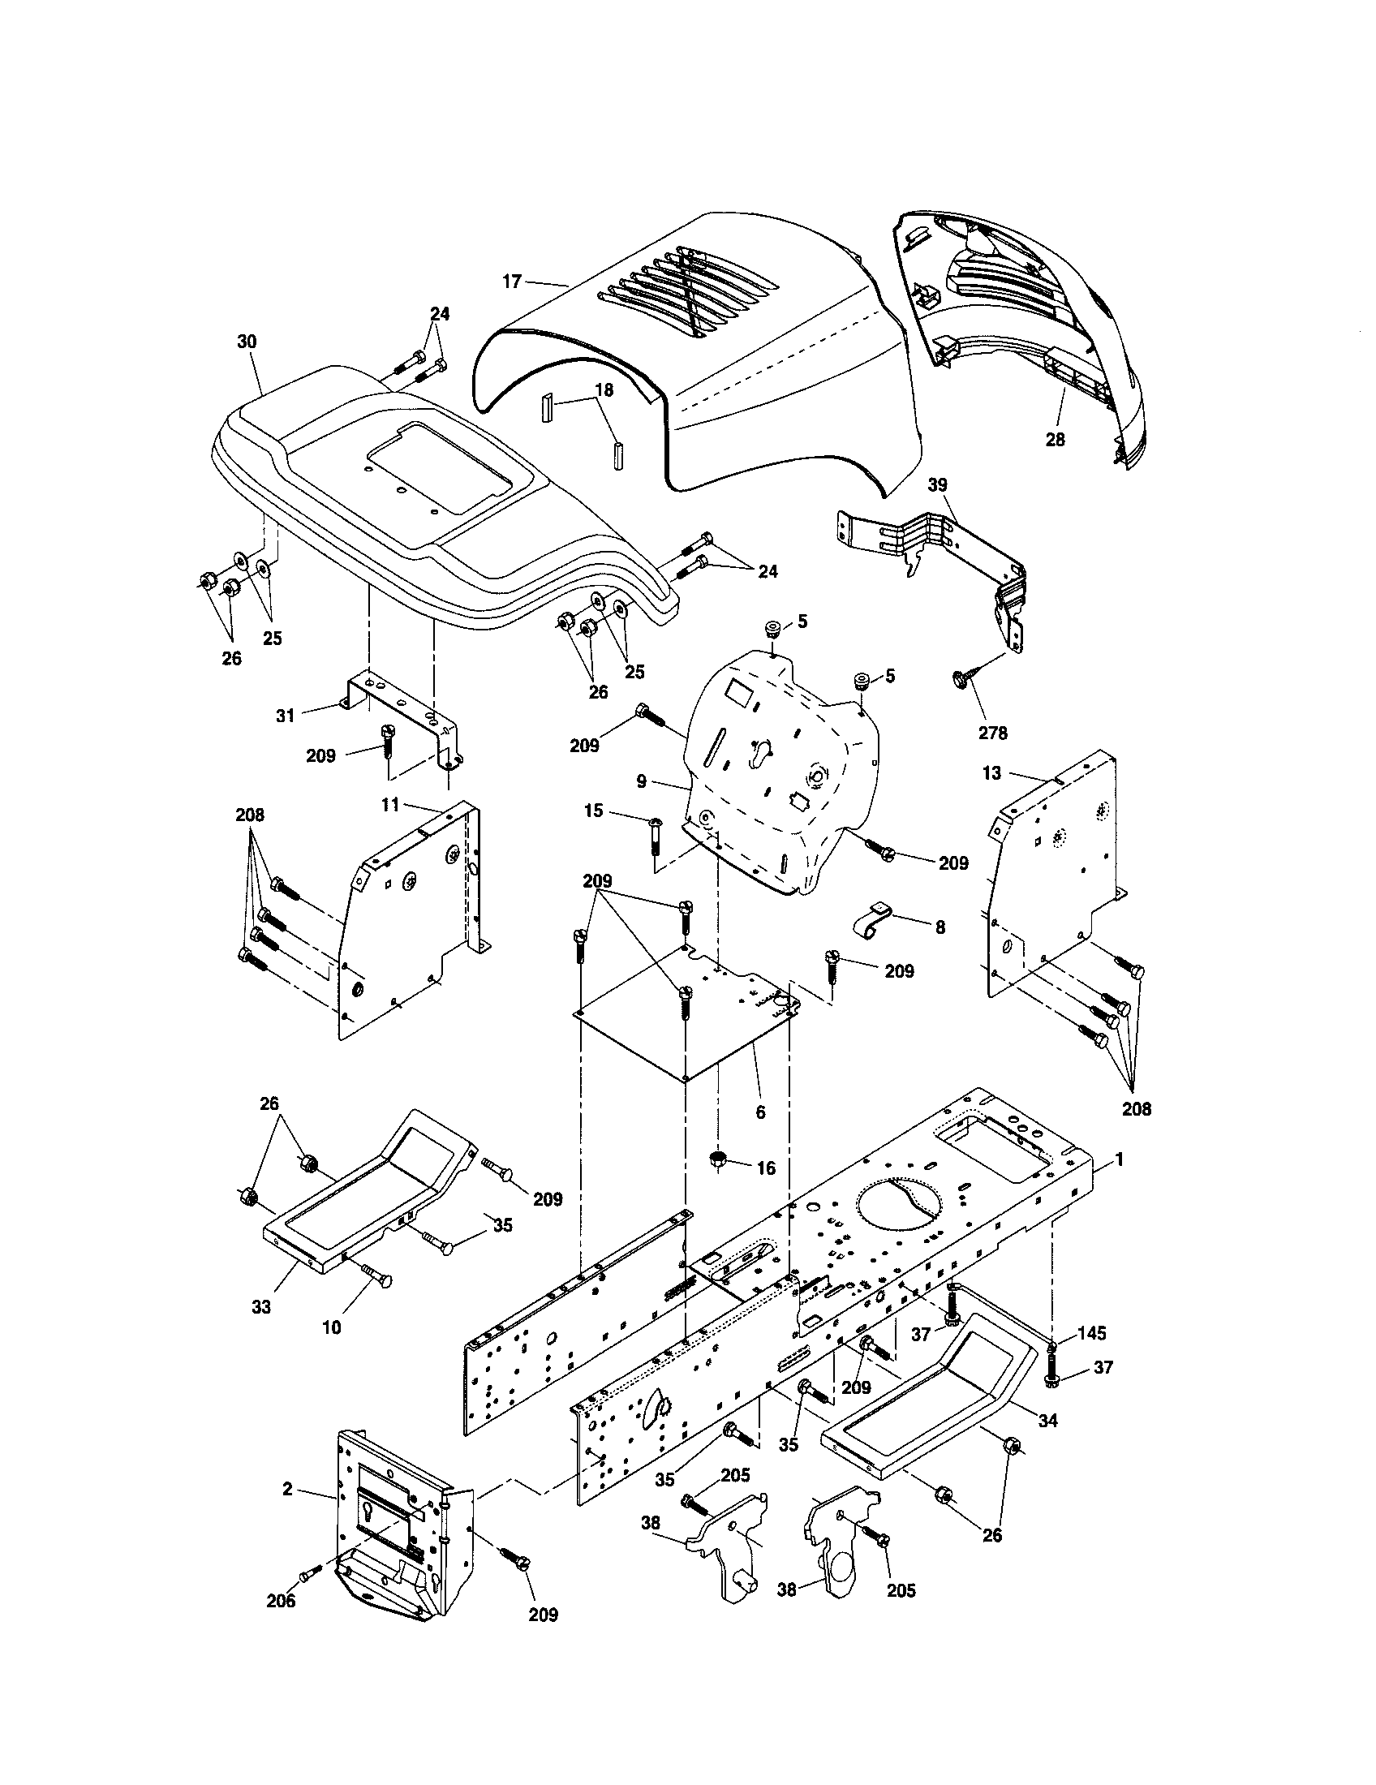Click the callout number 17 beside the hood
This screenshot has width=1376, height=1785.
(511, 282)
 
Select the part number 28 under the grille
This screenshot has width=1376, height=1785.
(1055, 440)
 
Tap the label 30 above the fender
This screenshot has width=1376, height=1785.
(247, 342)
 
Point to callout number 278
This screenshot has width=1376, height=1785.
(993, 733)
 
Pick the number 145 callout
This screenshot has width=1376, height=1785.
(1091, 1333)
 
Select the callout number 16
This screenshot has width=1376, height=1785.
(766, 1168)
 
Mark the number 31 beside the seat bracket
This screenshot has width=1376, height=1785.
(284, 716)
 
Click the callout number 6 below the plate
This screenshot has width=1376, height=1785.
(761, 1113)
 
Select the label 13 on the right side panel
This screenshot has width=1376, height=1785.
(991, 773)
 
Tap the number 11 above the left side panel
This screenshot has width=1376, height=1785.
(390, 805)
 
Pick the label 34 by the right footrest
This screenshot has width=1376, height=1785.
(1047, 1421)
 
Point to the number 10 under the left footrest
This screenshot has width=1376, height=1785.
(332, 1328)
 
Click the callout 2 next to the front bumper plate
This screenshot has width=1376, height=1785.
(287, 1489)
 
